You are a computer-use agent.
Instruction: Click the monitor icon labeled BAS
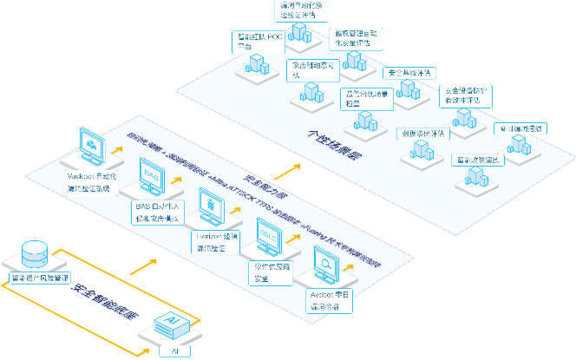151,176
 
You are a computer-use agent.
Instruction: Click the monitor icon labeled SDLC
270,236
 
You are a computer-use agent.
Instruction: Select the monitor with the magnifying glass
325,265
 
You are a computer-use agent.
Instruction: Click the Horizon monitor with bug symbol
212,206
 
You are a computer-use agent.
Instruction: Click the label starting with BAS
157,214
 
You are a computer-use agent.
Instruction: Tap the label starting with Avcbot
331,300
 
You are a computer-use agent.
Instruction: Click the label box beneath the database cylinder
36,278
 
